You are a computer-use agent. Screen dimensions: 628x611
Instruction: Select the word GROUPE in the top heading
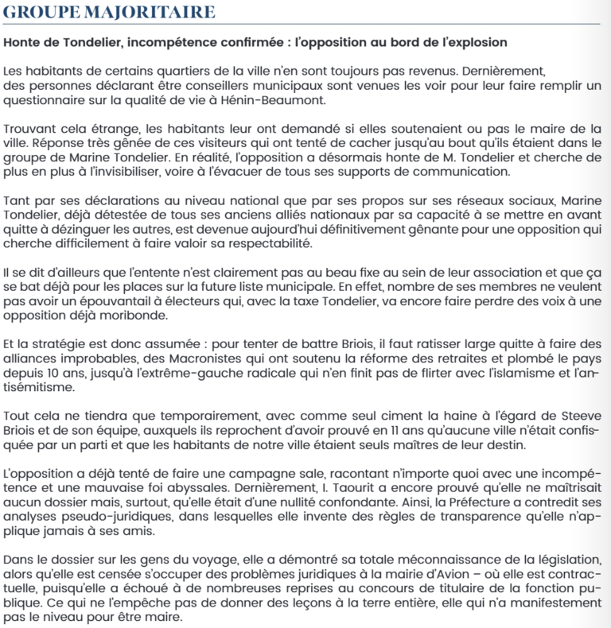point(41,12)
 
